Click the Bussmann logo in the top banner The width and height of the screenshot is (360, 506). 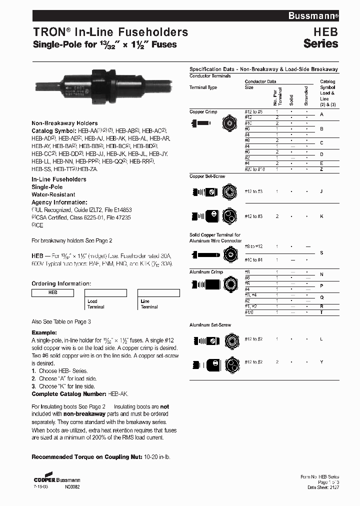pyautogui.click(x=313, y=16)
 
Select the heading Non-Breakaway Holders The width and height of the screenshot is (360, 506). pyautogui.click(x=64, y=123)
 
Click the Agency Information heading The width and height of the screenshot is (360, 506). pyautogui.click(x=55, y=202)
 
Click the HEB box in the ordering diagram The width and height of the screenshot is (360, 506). pyautogui.click(x=52, y=293)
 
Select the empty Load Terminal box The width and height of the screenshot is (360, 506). pyautogui.click(x=105, y=293)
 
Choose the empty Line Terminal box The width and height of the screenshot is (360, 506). pyautogui.click(x=158, y=293)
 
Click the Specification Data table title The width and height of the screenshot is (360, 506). pyautogui.click(x=263, y=69)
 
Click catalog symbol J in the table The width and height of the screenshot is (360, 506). pyautogui.click(x=321, y=191)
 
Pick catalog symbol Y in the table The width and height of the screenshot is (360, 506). pyautogui.click(x=321, y=361)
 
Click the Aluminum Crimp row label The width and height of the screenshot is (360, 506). pyautogui.click(x=206, y=272)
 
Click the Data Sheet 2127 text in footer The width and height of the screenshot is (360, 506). pyautogui.click(x=323, y=486)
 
